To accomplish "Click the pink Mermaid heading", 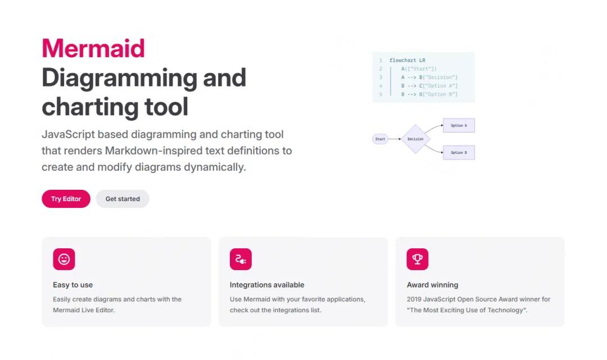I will click(x=93, y=48).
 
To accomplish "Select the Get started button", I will click(x=123, y=199).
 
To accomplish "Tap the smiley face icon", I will click(x=64, y=259).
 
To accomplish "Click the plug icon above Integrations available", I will click(x=241, y=259).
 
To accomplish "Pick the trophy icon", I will click(x=418, y=259).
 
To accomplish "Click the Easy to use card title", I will click(x=73, y=285).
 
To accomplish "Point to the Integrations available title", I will click(x=267, y=285).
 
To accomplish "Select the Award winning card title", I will click(x=432, y=285).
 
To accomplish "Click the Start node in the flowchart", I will click(x=380, y=139).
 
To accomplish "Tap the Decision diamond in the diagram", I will click(x=415, y=139).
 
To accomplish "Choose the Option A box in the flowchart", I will click(x=459, y=125).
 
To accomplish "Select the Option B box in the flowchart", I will click(x=459, y=152).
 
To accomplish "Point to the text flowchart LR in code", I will click(x=407, y=60).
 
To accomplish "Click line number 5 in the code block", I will click(x=380, y=94).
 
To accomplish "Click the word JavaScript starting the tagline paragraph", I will click(x=68, y=135).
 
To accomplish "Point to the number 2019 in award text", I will click(x=416, y=299).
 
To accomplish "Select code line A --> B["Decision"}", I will click(x=429, y=77).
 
